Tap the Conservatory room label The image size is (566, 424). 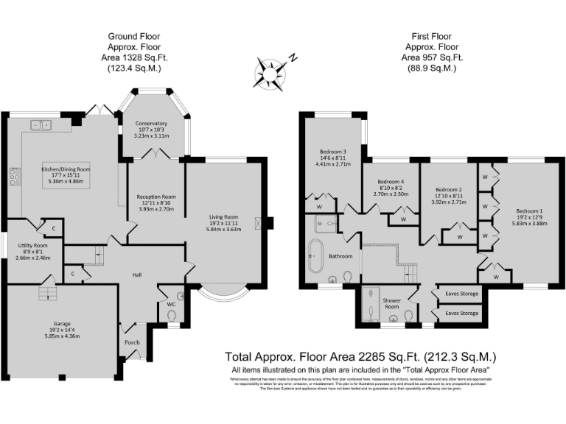(150, 124)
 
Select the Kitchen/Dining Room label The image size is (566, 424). (66, 169)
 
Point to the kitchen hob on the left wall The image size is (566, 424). (14, 176)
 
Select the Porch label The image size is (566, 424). (133, 341)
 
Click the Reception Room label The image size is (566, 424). (156, 197)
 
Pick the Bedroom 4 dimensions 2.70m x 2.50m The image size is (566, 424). (391, 194)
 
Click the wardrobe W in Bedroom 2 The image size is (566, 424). (458, 236)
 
